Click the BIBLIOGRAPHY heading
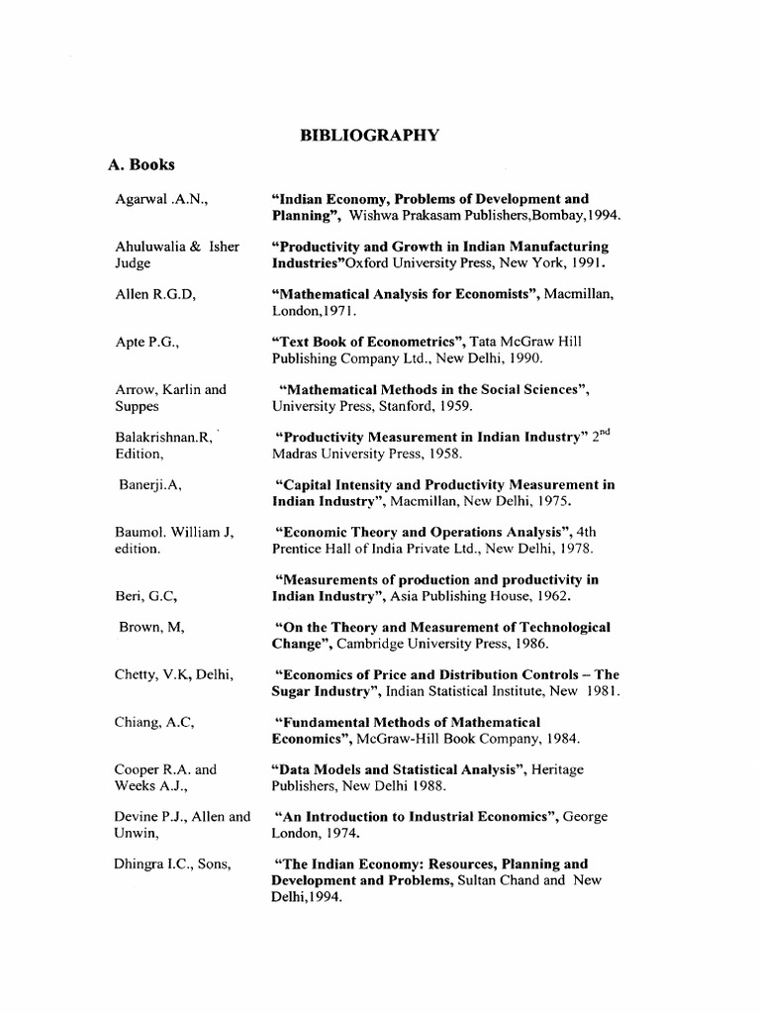click(x=369, y=136)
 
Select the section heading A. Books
click(x=142, y=165)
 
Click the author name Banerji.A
click(x=150, y=484)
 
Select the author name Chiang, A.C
click(x=153, y=722)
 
